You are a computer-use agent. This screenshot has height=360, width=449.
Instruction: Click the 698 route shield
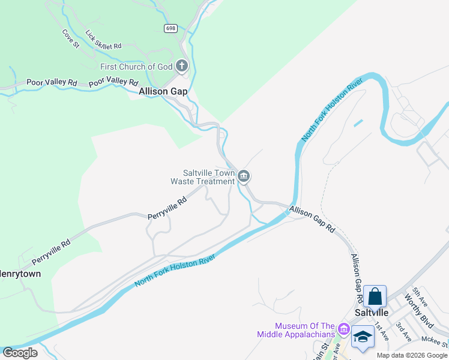pos(171,28)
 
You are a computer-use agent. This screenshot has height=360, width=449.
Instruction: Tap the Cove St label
pos(71,38)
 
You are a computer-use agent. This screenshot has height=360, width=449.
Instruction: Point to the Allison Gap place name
pos(163,92)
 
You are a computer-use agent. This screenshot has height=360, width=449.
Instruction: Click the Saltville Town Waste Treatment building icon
pos(244,176)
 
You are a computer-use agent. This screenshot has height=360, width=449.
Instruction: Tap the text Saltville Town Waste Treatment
pos(203,176)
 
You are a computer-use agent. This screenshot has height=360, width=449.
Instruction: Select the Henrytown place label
pos(20,274)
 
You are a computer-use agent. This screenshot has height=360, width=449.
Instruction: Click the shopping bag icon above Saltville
pos(375,296)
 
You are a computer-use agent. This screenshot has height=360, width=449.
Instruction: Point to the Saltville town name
pos(372,313)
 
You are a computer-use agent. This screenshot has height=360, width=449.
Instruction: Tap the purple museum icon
pos(343,329)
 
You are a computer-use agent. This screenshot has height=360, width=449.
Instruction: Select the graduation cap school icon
pos(363,336)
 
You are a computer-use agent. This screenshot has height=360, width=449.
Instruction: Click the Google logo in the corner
pos(20,353)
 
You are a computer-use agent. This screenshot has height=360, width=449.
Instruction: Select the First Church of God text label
pos(136,66)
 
